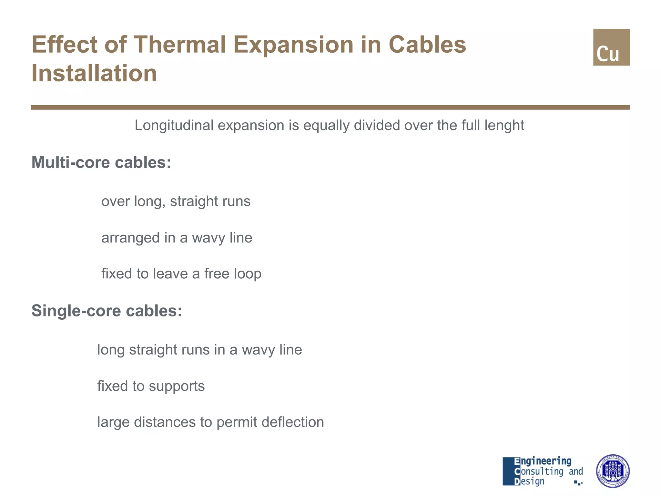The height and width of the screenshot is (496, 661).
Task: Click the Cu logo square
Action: click(x=611, y=47)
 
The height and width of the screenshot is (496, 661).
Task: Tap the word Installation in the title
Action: click(x=94, y=73)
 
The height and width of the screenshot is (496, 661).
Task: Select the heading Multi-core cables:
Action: click(x=101, y=162)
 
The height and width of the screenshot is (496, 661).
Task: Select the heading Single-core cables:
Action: click(x=107, y=311)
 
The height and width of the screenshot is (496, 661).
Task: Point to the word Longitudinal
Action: click(x=174, y=126)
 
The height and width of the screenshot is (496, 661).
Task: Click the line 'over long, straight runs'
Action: click(x=176, y=201)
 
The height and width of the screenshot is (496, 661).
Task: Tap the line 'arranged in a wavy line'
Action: click(x=177, y=238)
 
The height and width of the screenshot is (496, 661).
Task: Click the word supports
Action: click(x=177, y=386)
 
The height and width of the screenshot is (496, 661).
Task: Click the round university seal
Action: click(x=612, y=471)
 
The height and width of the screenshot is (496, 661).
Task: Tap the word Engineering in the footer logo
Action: click(x=545, y=461)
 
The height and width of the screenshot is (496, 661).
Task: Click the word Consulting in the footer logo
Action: click(x=542, y=471)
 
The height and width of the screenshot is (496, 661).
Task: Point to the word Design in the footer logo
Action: click(x=532, y=481)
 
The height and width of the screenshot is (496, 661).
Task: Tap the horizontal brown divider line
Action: click(x=330, y=107)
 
